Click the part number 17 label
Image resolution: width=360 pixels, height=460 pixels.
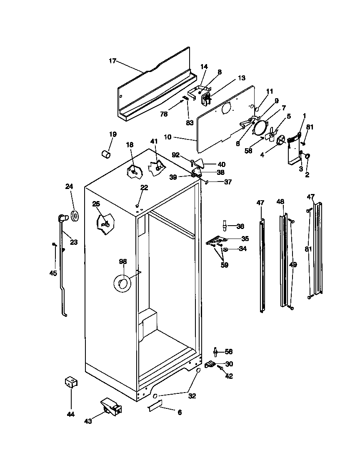coord(112,61)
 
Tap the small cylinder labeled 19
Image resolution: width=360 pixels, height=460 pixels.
coord(105,154)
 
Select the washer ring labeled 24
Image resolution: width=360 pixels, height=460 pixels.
coord(76,216)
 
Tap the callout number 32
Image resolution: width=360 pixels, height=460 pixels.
coord(192,396)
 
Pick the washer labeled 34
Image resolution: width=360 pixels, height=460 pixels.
coord(225,250)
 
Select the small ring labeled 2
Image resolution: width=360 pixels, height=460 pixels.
coord(307,157)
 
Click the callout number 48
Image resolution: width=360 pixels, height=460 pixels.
coord(281,202)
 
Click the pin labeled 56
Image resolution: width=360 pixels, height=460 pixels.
coord(216,352)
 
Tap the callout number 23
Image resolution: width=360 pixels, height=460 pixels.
coord(73,242)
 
